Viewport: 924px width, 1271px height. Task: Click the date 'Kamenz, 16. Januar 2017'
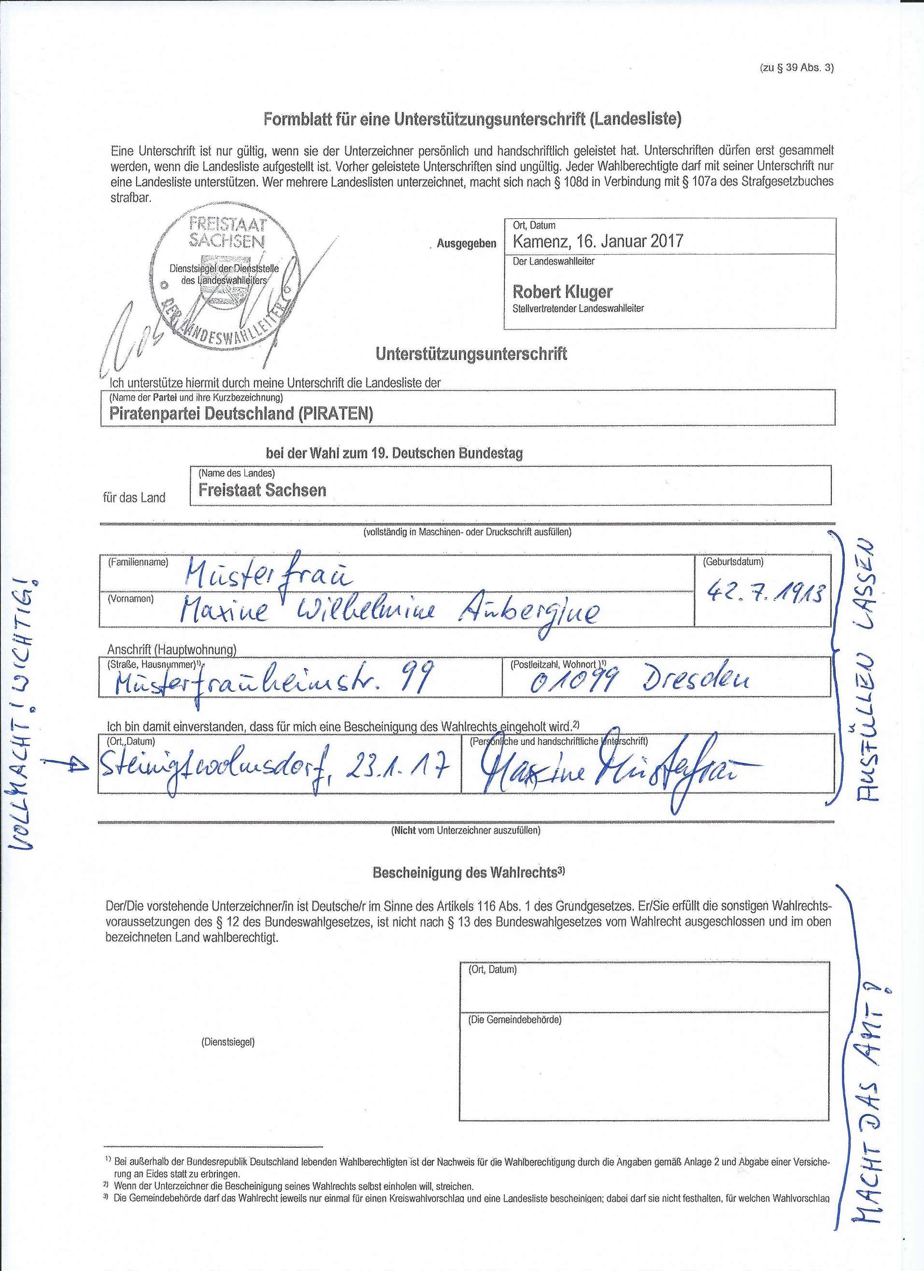(x=598, y=242)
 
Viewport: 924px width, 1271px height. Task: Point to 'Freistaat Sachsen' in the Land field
(x=262, y=490)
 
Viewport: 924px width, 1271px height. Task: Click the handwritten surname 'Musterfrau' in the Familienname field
(x=267, y=574)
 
